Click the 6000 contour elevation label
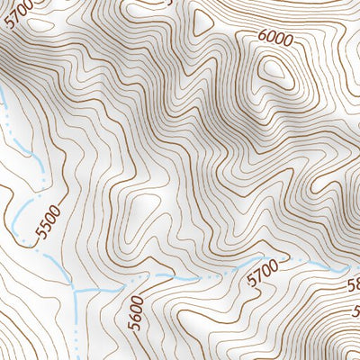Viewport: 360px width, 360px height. pos(274,38)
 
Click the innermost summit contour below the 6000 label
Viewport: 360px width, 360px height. pos(274,70)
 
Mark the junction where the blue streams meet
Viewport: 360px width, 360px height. pos(75,292)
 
